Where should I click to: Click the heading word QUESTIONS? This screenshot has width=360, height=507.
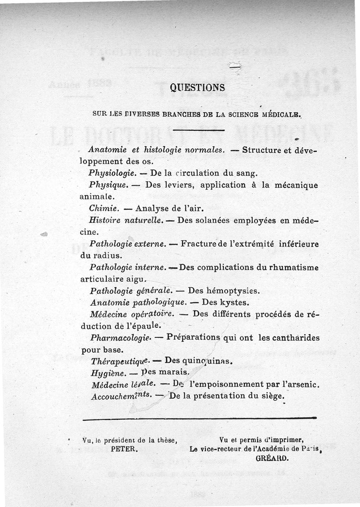tap(198, 88)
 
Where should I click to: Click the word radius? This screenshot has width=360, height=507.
tap(103, 256)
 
